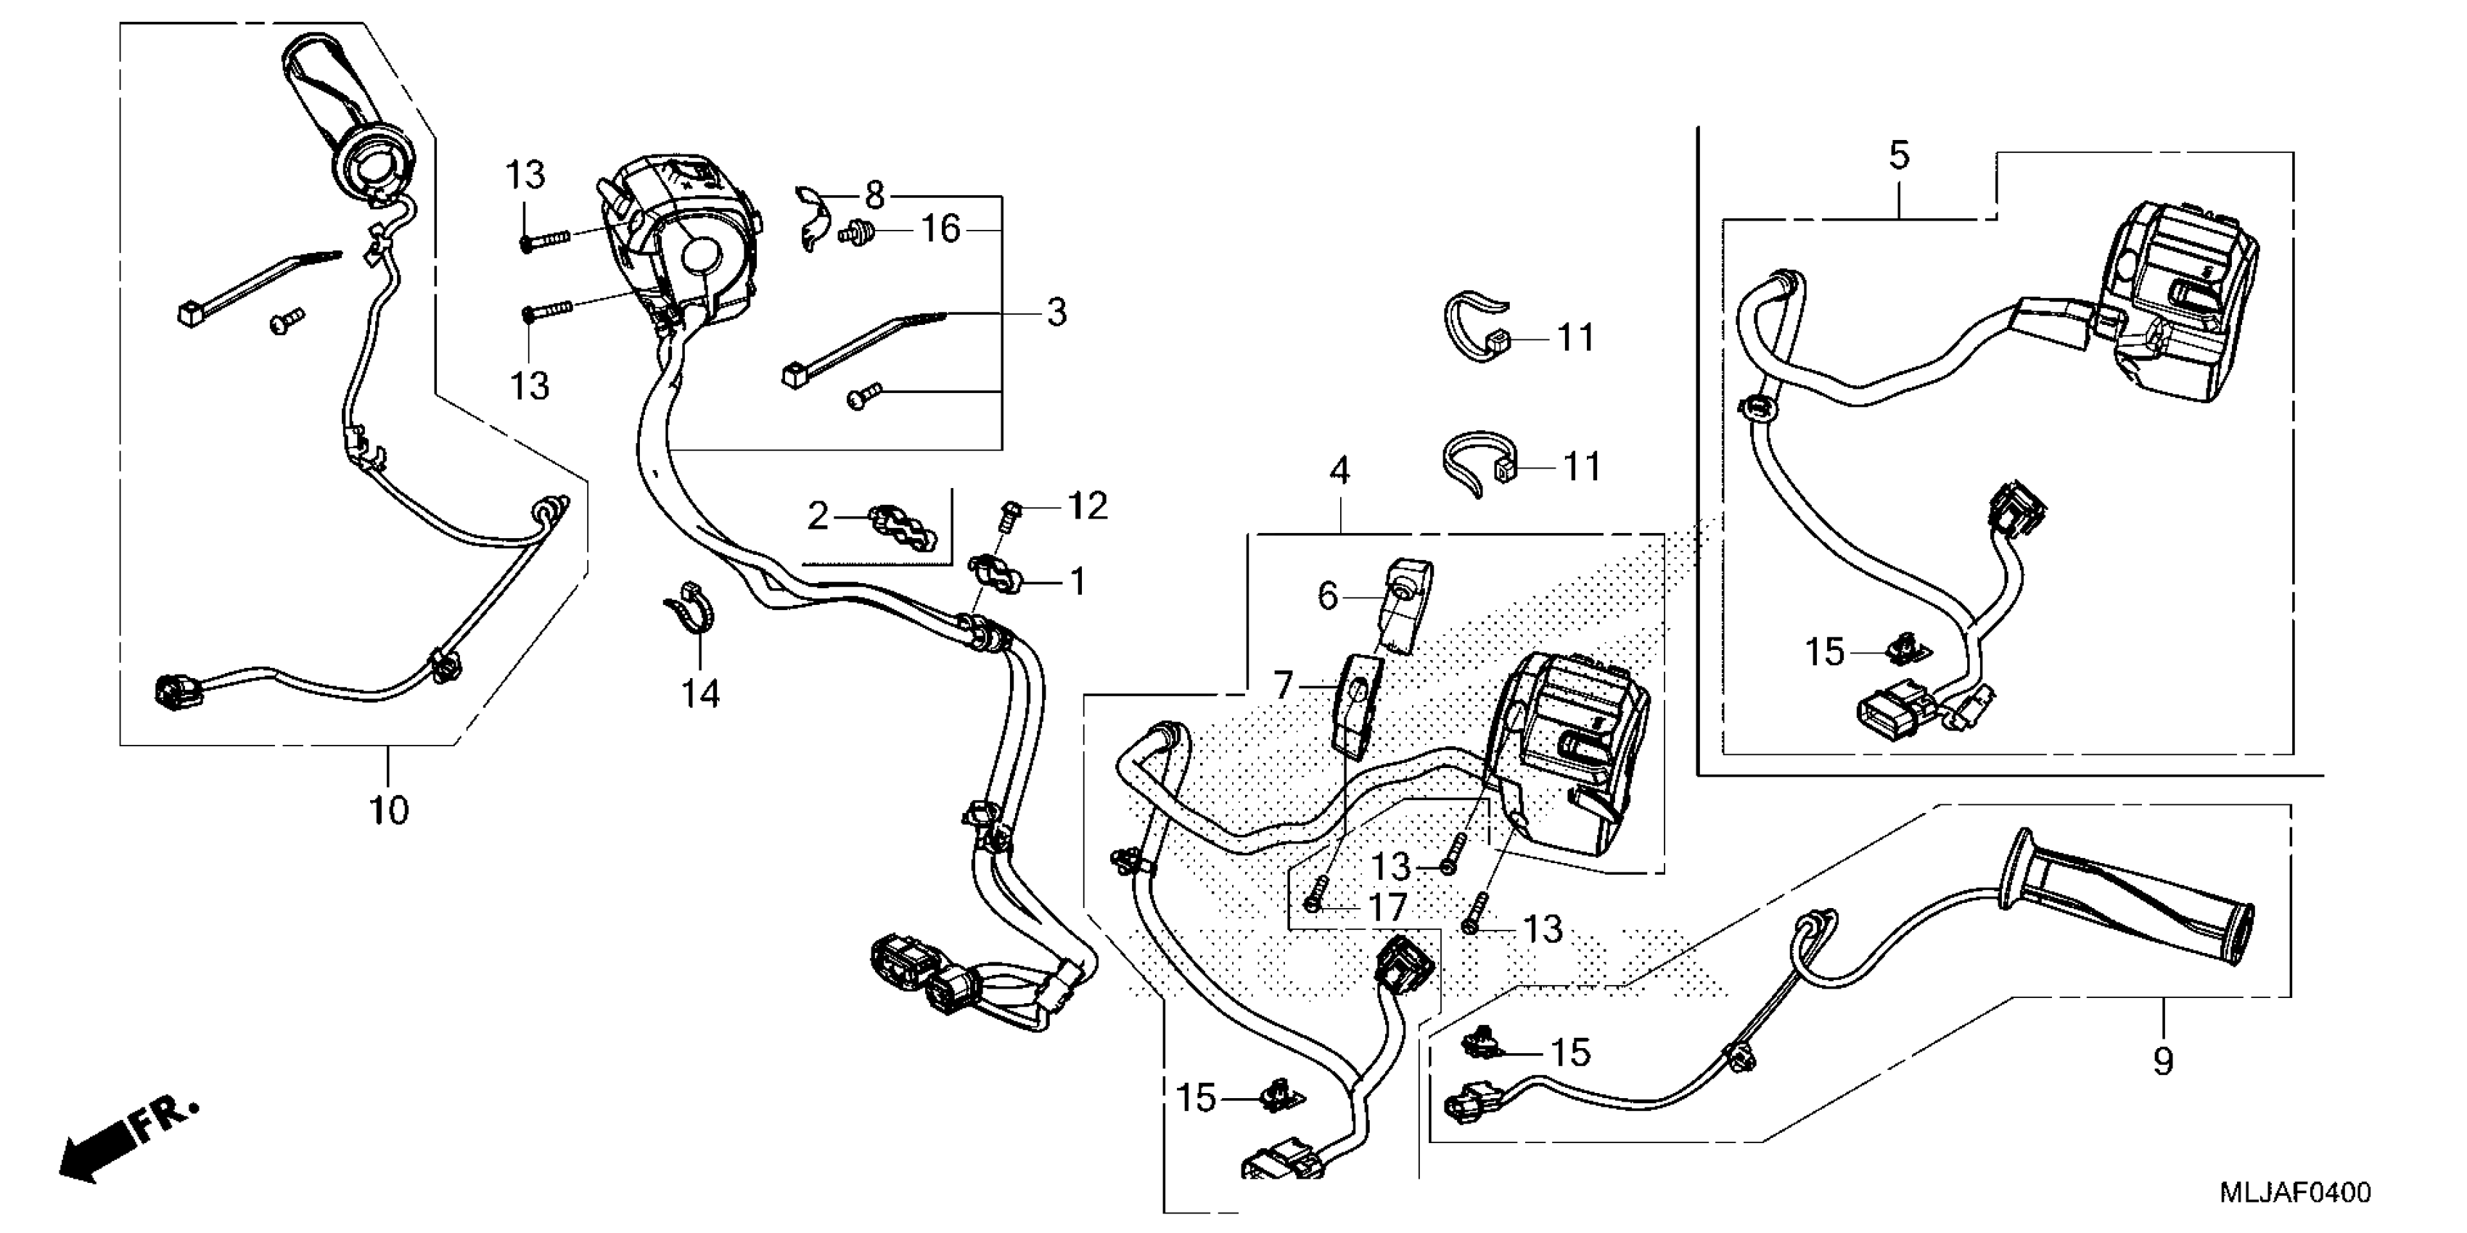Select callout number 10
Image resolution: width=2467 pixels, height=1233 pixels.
tap(389, 811)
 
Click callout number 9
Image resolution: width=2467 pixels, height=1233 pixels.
tap(2162, 1060)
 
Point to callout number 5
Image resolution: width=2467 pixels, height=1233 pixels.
tap(1899, 155)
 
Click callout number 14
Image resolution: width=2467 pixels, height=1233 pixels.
tap(700, 693)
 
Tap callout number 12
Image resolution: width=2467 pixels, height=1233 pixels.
tap(1087, 506)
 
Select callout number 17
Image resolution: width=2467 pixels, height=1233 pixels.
tap(1387, 907)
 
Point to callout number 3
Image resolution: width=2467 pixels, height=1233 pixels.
tap(1056, 312)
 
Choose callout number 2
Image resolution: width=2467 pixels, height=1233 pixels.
tap(817, 517)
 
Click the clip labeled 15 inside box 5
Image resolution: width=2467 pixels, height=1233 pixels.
tap(1901, 652)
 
